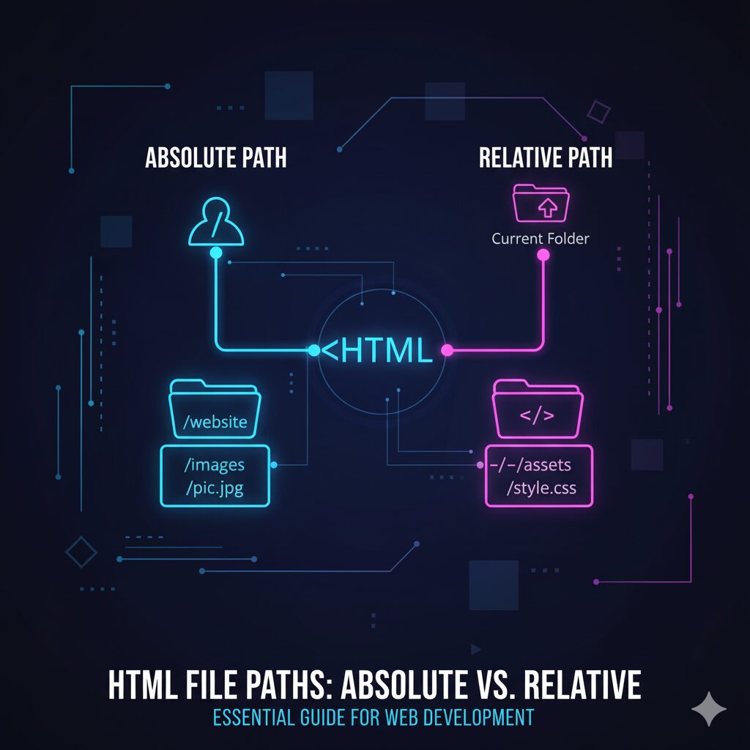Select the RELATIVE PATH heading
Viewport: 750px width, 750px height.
click(x=545, y=157)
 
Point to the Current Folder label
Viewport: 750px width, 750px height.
click(x=541, y=239)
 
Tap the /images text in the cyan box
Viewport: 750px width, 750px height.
click(x=215, y=464)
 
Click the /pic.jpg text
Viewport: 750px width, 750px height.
click(x=215, y=489)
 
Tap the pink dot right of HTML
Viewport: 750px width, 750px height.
click(x=447, y=351)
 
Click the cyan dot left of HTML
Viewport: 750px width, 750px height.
click(x=313, y=351)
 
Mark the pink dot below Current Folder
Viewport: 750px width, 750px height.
click(x=543, y=255)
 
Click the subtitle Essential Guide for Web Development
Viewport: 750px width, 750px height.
click(x=374, y=717)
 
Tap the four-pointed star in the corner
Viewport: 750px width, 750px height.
click(x=709, y=708)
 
